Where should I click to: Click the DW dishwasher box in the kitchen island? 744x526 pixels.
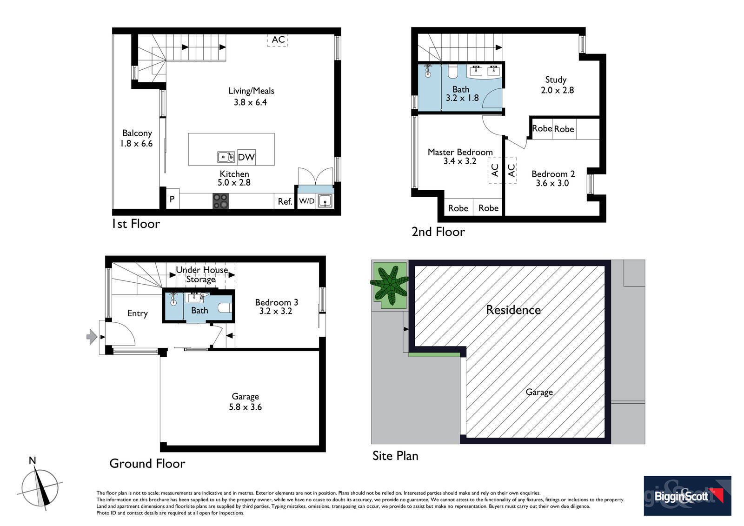(246, 157)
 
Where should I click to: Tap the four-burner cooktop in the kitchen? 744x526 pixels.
(220, 201)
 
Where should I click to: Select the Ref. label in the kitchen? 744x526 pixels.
(285, 202)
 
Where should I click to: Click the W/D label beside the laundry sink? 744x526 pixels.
(306, 201)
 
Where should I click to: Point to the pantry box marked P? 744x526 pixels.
(173, 199)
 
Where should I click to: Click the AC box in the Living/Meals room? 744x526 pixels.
(278, 40)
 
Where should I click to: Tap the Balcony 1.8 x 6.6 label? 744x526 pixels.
(137, 138)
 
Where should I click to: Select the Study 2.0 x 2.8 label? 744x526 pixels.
(557, 85)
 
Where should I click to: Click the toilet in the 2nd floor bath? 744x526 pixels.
(452, 72)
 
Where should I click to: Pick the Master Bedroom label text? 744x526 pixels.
(460, 152)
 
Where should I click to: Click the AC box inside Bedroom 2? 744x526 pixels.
(511, 171)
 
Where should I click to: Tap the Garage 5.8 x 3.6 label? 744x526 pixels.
(245, 402)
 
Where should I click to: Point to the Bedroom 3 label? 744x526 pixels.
(276, 302)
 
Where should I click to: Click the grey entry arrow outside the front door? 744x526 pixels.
(92, 337)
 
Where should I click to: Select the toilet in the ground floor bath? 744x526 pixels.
(225, 308)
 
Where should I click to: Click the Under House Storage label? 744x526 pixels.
(202, 274)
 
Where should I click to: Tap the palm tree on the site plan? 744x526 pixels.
(389, 285)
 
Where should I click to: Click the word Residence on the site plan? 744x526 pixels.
(513, 310)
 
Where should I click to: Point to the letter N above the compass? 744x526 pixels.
(32, 460)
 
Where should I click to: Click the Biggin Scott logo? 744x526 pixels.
(687, 496)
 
